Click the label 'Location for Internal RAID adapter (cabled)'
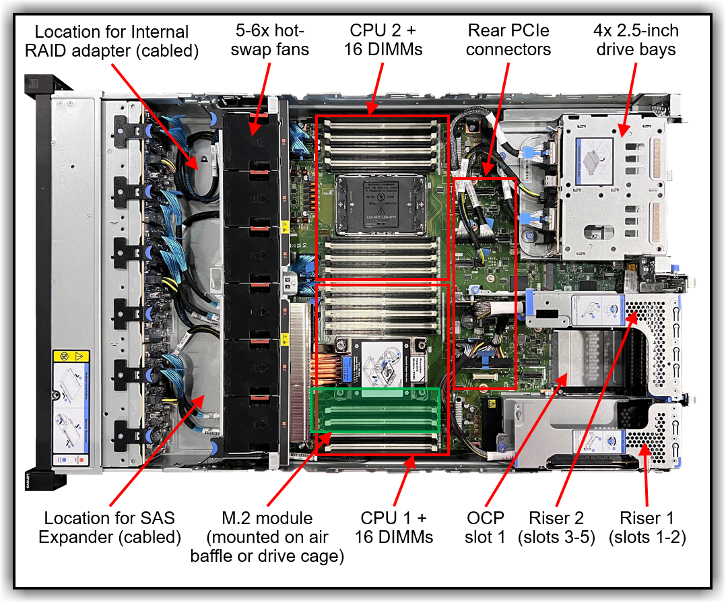coord(112,41)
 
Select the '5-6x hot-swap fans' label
coord(271,40)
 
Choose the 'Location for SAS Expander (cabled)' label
coord(109,528)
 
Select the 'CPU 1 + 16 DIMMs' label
coord(394,528)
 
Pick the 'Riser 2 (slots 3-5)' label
coord(556,528)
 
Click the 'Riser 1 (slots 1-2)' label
coord(647,528)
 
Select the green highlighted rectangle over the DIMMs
coord(374,410)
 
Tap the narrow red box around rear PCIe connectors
coord(485,283)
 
